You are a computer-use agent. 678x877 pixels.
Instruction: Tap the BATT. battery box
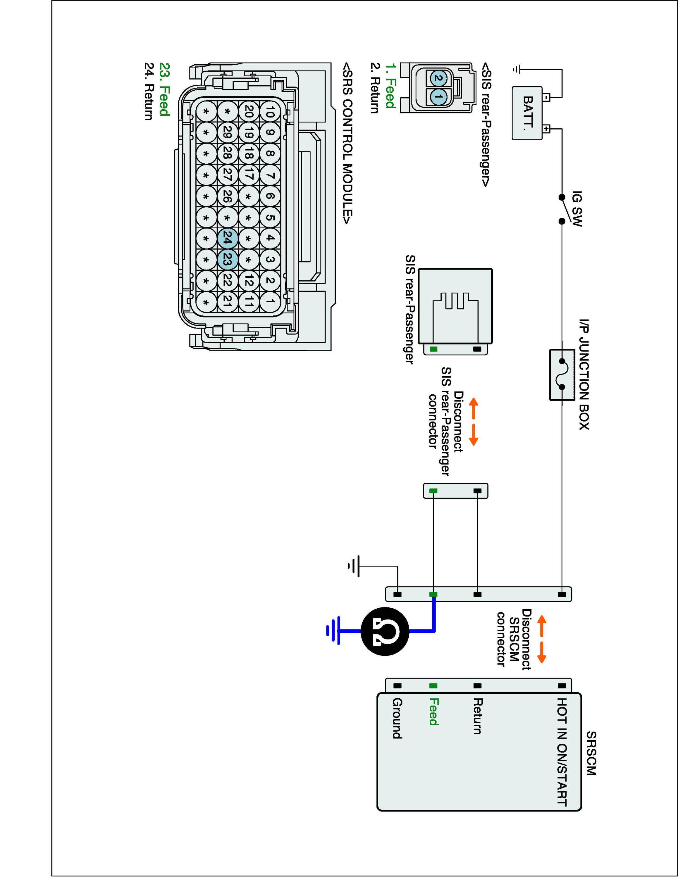527,113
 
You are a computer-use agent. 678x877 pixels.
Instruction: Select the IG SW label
577,208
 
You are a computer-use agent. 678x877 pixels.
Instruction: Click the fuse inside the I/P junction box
562,374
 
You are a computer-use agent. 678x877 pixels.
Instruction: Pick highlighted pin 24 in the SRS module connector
227,239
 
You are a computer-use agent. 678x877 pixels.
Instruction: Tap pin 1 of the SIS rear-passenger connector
438,97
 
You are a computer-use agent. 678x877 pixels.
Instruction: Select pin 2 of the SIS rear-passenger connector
438,78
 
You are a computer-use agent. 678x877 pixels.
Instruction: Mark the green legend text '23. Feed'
164,89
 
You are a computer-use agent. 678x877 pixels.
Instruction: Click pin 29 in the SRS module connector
227,132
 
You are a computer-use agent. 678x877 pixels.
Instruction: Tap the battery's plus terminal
546,129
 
